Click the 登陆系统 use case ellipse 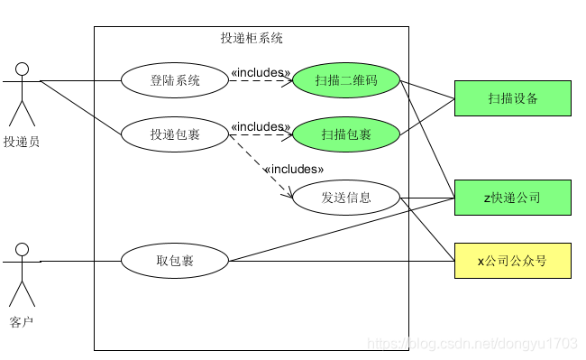(175, 80)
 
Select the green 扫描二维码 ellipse (346, 80)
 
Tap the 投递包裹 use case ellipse (175, 134)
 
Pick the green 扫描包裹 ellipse (346, 134)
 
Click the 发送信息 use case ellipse (346, 198)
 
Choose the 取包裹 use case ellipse (175, 261)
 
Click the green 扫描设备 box (513, 98)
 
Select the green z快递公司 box (513, 198)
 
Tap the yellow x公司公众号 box (513, 261)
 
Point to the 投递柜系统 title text (252, 38)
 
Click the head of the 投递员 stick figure (22, 69)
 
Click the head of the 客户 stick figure (22, 250)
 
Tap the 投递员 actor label (22, 142)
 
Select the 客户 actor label (22, 322)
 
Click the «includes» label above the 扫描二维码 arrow (261, 72)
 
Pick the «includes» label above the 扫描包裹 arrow (261, 126)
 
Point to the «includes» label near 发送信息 (294, 169)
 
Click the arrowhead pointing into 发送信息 (288, 192)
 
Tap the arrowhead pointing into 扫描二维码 (288, 80)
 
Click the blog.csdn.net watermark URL (472, 343)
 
